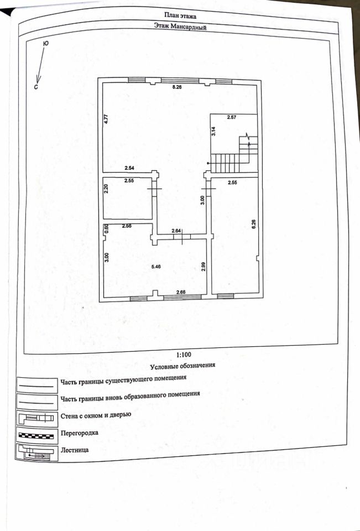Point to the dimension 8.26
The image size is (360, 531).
(x=177, y=88)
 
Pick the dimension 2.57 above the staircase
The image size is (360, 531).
(x=232, y=117)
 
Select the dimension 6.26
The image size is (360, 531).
(x=253, y=226)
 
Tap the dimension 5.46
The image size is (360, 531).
(x=157, y=267)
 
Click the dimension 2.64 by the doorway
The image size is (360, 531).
(x=176, y=231)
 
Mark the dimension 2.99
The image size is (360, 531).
(x=204, y=266)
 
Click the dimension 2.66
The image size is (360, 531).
(x=181, y=292)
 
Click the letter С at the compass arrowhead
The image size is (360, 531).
(x=35, y=86)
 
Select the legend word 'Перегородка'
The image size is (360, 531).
(x=80, y=433)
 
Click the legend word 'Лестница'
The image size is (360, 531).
(x=75, y=450)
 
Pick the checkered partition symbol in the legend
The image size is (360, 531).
(x=36, y=435)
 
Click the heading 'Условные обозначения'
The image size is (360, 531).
(x=182, y=366)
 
